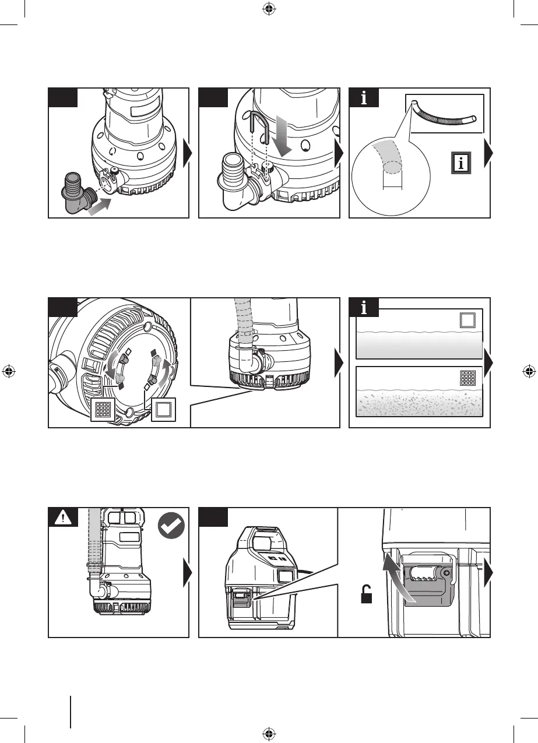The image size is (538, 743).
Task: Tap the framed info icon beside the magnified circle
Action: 461,163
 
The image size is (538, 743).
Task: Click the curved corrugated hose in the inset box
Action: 445,117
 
